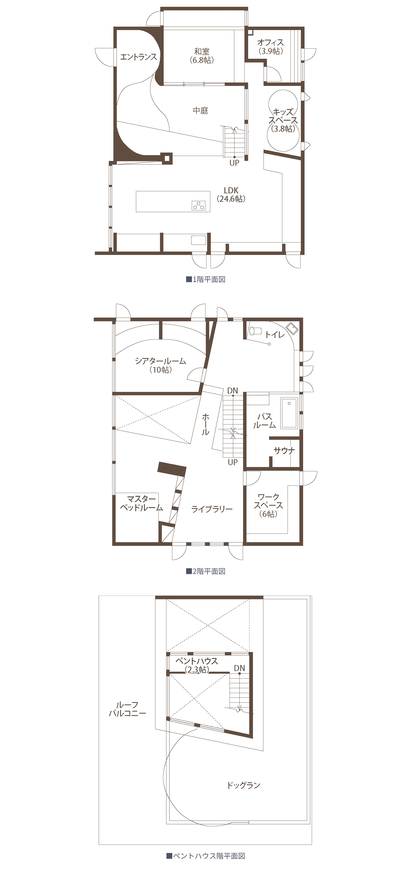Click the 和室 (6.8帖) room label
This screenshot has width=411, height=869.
(x=202, y=56)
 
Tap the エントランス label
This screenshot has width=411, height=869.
(x=139, y=57)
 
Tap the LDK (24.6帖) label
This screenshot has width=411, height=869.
(x=231, y=194)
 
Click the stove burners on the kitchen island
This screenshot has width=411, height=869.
(x=198, y=205)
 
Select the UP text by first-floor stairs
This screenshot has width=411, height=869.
(x=234, y=163)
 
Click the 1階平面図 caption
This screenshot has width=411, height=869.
(x=206, y=279)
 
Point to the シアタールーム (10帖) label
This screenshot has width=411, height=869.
(x=161, y=365)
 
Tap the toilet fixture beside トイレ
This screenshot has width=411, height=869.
(x=255, y=330)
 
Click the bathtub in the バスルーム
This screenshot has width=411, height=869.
(x=289, y=413)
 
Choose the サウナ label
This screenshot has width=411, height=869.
(x=284, y=450)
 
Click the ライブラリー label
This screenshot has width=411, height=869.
(x=212, y=509)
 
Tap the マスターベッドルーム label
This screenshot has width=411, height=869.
(x=142, y=503)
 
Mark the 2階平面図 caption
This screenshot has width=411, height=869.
(x=206, y=571)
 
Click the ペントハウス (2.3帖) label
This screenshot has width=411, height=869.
(x=197, y=665)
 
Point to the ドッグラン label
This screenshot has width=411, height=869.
(x=243, y=785)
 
